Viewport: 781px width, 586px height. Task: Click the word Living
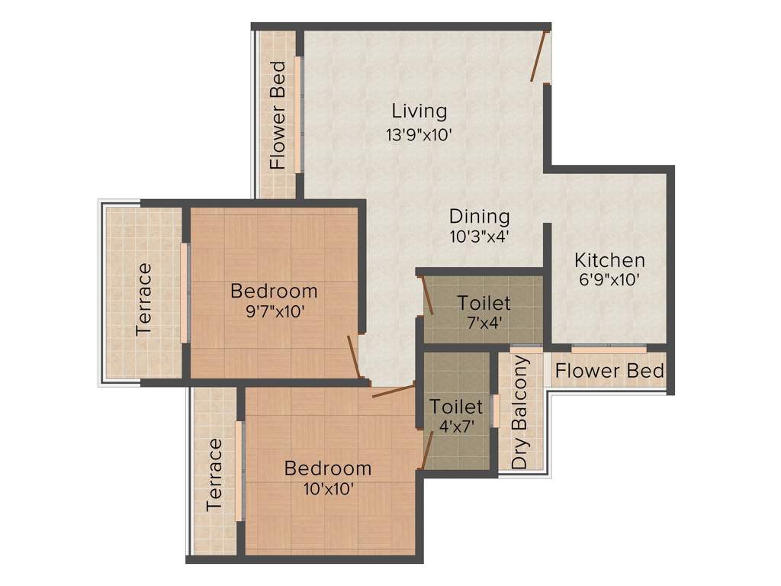419,111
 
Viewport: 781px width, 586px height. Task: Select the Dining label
479,216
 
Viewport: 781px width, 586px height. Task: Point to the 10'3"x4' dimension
479,237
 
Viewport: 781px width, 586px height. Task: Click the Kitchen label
609,259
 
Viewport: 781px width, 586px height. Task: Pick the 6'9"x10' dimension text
609,279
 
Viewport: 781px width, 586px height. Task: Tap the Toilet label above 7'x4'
484,303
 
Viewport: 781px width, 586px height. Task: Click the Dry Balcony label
520,412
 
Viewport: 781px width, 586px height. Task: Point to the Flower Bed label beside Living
278,114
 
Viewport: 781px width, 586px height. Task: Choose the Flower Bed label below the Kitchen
609,372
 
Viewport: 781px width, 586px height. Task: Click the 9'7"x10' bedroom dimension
274,311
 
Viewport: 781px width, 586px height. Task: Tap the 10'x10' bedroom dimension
328,488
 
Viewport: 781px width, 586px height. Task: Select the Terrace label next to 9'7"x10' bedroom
143,299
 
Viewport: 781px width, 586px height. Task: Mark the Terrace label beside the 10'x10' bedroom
215,474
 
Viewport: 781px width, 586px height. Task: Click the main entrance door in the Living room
540,56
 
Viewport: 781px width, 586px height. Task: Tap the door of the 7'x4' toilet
428,295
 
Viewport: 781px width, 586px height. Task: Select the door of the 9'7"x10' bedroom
353,356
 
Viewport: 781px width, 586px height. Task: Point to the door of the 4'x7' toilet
428,449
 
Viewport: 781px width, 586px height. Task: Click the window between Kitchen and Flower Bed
609,349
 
